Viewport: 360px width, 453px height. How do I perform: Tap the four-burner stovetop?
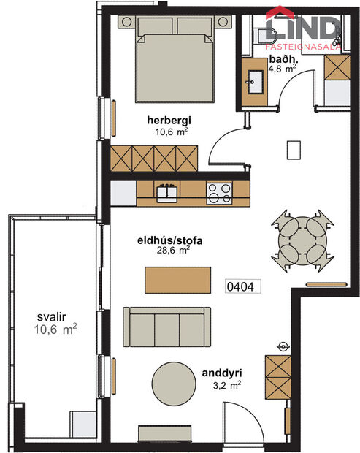pos(218,193)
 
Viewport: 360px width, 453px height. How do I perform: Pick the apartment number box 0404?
pos(240,286)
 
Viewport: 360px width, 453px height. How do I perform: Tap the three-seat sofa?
pos(166,327)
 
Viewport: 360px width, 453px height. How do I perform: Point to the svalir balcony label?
pos(53,318)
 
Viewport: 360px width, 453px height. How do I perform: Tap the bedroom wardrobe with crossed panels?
pos(155,156)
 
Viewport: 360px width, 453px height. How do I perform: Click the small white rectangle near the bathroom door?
pos(295,150)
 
